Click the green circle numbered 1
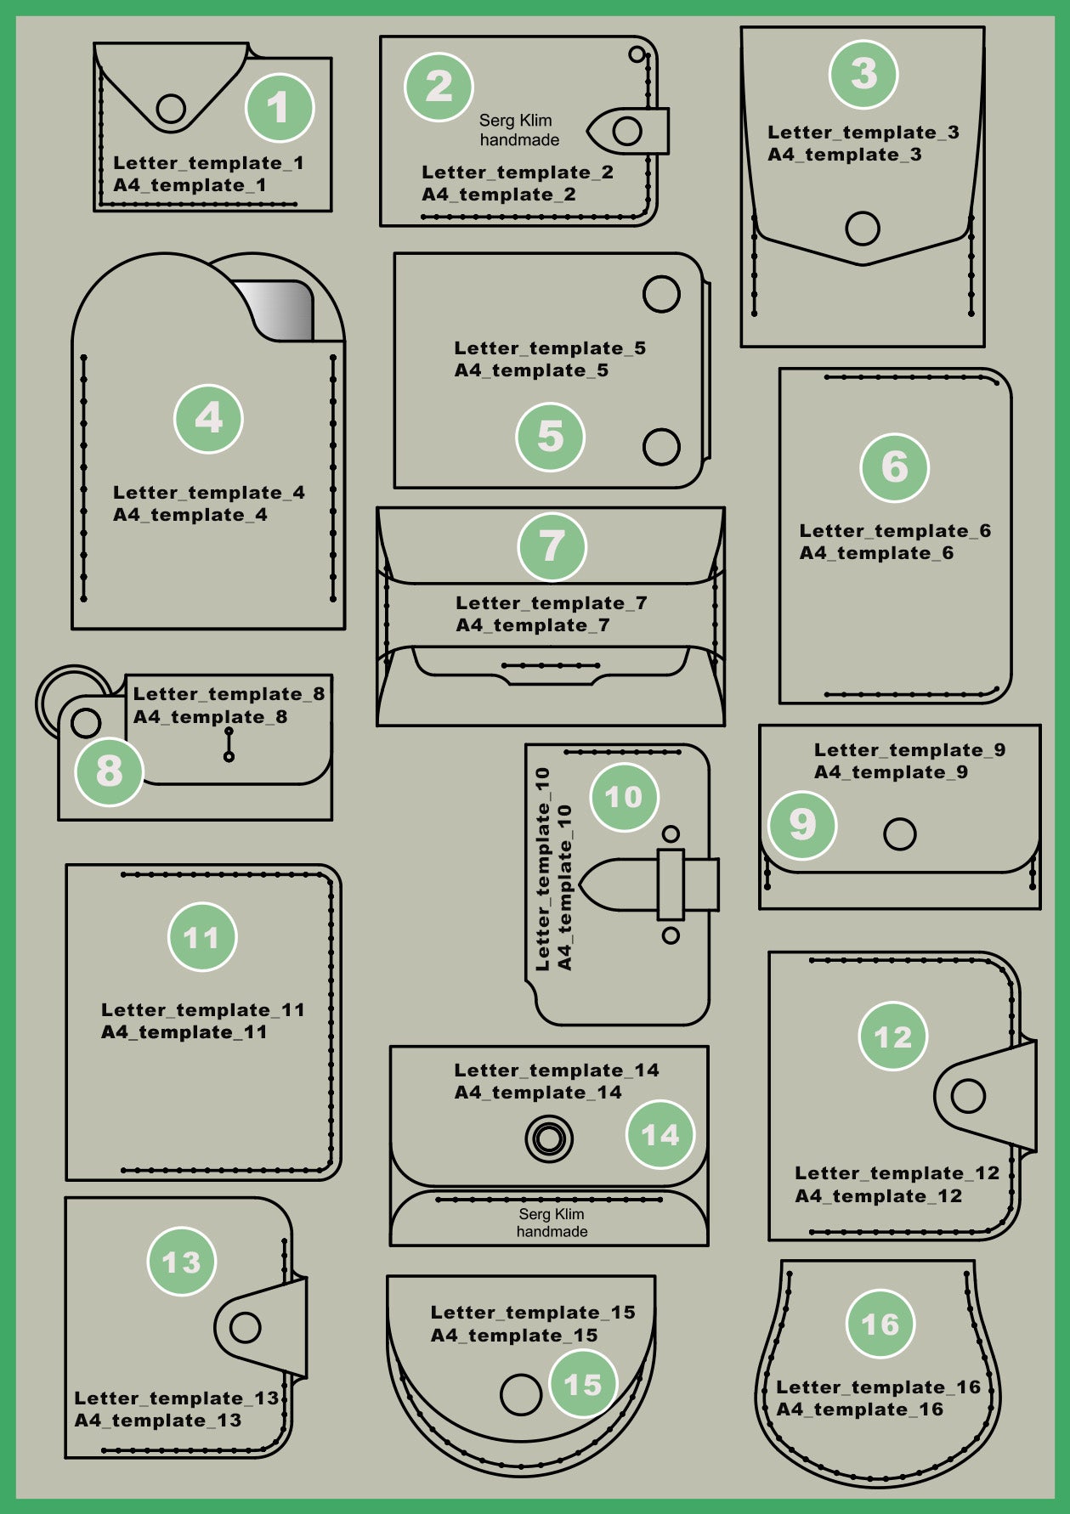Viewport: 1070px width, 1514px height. [x=280, y=108]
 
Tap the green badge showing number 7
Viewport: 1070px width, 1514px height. [x=552, y=545]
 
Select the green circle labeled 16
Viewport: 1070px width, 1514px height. [x=880, y=1324]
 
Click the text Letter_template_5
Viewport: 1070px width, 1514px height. [x=550, y=348]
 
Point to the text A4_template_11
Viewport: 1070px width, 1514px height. [x=184, y=1032]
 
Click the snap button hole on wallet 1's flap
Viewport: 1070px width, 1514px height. [x=172, y=108]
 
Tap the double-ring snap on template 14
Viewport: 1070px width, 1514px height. [x=548, y=1138]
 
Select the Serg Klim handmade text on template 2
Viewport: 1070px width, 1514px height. [x=518, y=130]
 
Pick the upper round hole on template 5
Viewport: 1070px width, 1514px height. [x=661, y=294]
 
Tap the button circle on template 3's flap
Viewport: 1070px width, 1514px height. [x=863, y=228]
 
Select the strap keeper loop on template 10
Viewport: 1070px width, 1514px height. [x=671, y=884]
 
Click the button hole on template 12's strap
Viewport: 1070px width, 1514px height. [x=968, y=1095]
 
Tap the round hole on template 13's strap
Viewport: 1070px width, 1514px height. [x=245, y=1327]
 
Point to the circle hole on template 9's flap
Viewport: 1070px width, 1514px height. [x=899, y=833]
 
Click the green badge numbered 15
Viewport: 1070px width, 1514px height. [x=583, y=1385]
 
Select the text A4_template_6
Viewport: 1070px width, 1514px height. [x=876, y=553]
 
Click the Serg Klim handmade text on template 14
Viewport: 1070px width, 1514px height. [x=552, y=1223]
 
